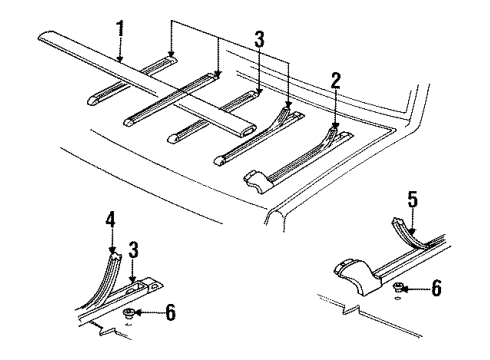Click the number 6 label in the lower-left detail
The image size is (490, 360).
169,314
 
